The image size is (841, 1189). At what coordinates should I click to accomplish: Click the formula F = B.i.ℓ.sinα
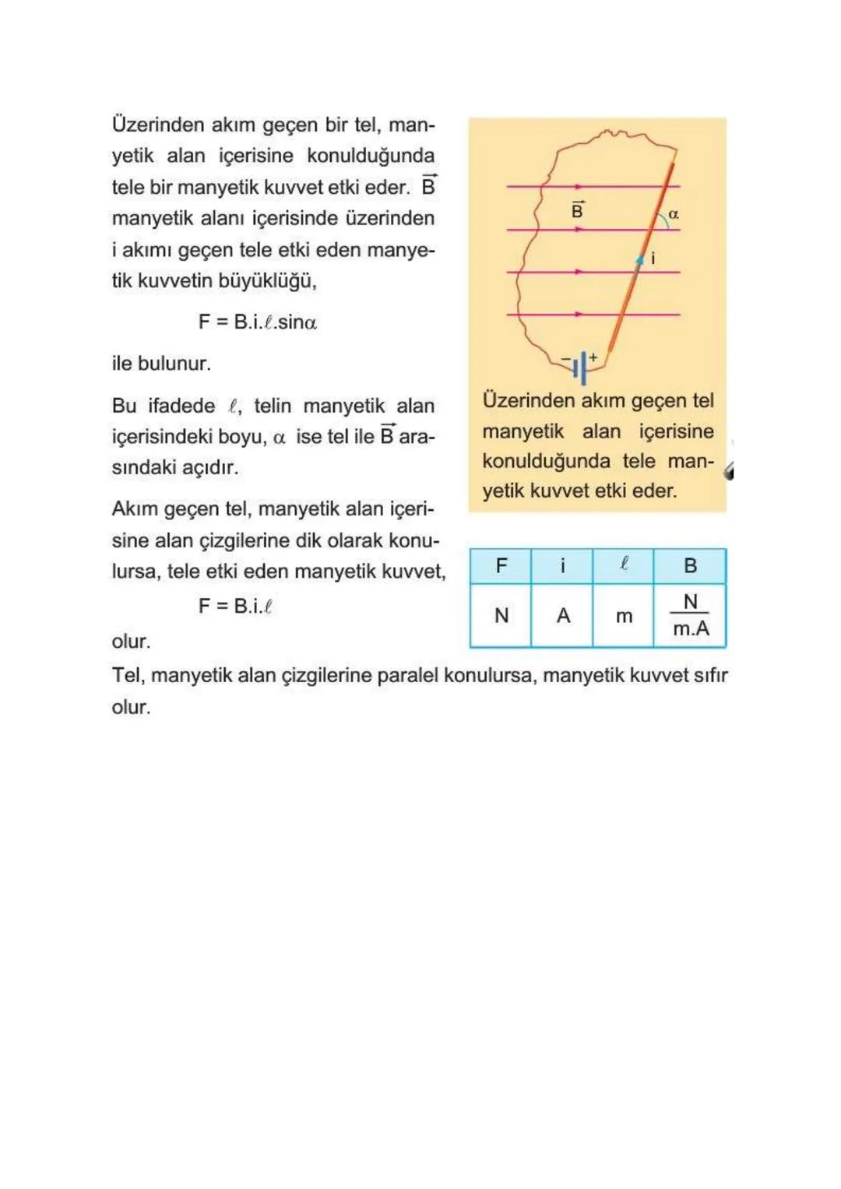(257, 322)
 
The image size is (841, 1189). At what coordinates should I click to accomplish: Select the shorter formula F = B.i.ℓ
(235, 606)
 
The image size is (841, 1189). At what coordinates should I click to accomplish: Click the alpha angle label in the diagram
(674, 214)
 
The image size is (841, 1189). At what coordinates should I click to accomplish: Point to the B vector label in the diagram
(577, 210)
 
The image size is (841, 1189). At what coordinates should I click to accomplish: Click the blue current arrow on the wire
(639, 259)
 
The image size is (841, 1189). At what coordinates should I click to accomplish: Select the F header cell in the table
(501, 566)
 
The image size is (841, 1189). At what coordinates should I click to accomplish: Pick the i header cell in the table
(562, 566)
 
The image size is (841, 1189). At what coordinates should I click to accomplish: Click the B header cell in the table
(690, 566)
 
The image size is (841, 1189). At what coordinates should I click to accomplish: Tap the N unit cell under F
(501, 616)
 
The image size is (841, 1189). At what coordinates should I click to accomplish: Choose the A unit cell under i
(562, 616)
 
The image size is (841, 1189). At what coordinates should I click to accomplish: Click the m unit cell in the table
(624, 616)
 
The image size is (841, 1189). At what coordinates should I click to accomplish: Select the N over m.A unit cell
(690, 616)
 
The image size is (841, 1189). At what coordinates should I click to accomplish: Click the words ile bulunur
(161, 364)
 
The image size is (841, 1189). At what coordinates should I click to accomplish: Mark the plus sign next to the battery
(593, 357)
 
